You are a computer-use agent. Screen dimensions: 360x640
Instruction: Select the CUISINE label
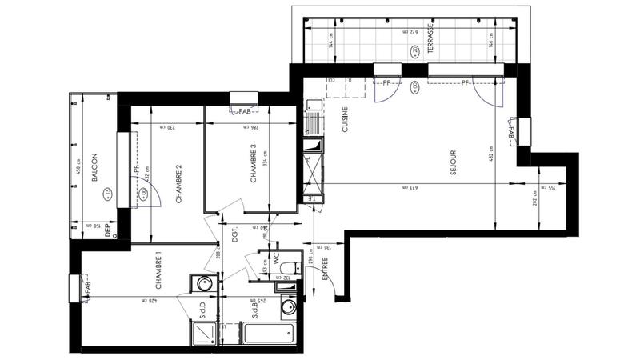346,124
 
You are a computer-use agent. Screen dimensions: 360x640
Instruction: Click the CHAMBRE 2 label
179,184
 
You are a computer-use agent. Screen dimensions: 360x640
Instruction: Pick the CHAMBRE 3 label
252,164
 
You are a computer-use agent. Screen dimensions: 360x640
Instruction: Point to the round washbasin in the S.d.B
288,307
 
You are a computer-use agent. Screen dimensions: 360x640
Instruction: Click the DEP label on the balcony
107,232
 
